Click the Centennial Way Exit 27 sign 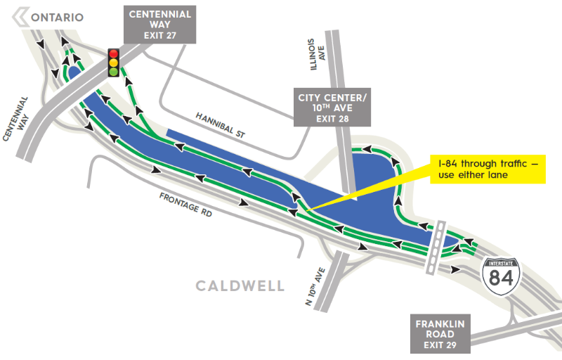click(159, 23)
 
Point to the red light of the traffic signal click(112, 53)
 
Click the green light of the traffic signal click(112, 72)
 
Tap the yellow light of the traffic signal click(112, 63)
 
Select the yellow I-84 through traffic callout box click(488, 169)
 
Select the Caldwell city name click(240, 285)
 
